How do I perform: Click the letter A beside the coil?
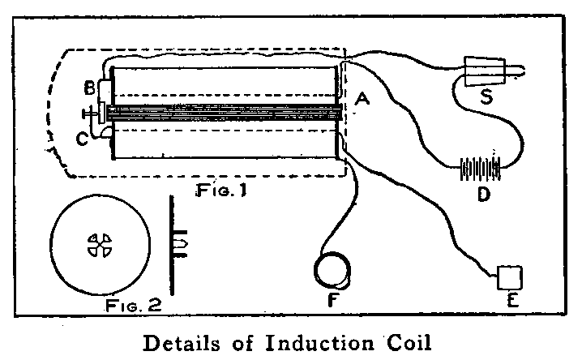point(362,100)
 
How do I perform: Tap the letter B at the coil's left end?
point(89,88)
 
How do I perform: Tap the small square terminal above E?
point(509,276)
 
